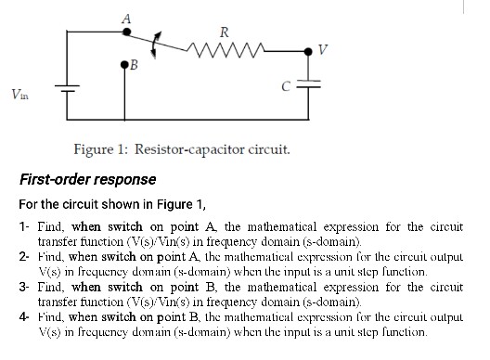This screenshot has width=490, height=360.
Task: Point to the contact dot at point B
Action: (125, 64)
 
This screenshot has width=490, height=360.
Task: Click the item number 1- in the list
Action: (25, 226)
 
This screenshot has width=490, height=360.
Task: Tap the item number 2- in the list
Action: (25, 253)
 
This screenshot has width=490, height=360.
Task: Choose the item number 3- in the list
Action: (25, 289)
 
